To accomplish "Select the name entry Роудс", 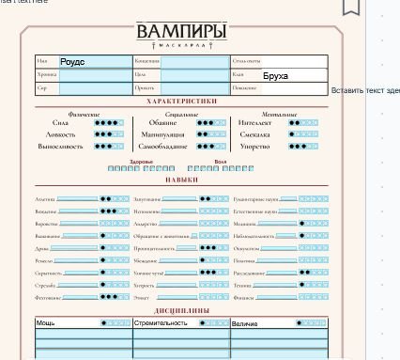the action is tap(72, 61).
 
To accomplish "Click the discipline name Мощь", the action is tap(46, 322).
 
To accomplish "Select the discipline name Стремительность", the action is tap(160, 322).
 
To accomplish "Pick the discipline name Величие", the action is tap(246, 322).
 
